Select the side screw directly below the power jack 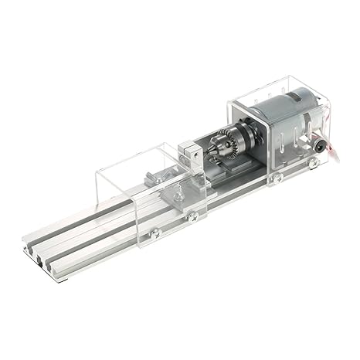314,164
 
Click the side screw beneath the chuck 276,178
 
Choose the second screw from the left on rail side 192,216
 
